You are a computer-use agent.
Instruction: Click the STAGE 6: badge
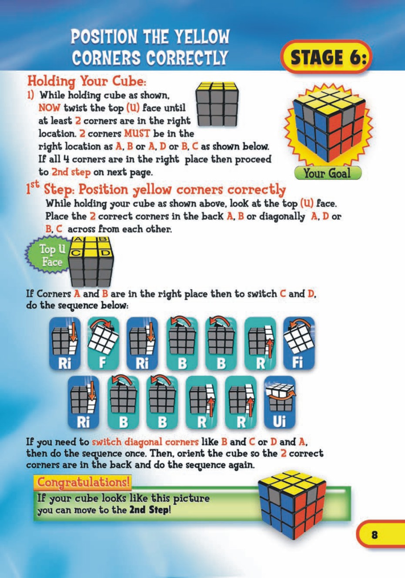[x=326, y=57]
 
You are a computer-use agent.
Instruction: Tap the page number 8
[x=375, y=534]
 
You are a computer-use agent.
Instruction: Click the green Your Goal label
[x=328, y=173]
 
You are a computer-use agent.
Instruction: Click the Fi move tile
[x=298, y=343]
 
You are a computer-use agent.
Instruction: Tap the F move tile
[x=103, y=343]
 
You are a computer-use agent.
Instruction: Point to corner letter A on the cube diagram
[x=78, y=239]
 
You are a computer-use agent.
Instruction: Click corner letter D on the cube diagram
[x=104, y=253]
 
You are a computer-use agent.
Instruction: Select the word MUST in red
[x=137, y=133]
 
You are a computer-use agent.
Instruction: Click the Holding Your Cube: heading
[x=87, y=81]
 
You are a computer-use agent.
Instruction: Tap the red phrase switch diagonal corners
[x=145, y=442]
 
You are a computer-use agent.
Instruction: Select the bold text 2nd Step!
[x=150, y=510]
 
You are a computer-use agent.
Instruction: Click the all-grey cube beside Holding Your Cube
[x=217, y=105]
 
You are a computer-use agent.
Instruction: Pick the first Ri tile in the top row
[x=64, y=343]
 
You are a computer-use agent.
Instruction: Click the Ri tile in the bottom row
[x=84, y=403]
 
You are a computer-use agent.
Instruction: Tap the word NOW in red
[x=49, y=108]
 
